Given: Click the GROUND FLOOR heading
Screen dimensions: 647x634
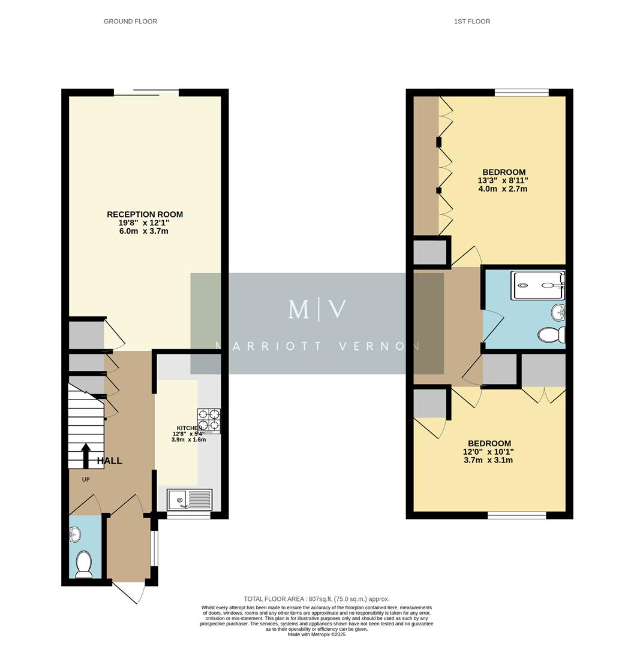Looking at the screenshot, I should [x=130, y=22].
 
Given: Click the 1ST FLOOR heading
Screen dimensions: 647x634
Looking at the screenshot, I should [x=472, y=22].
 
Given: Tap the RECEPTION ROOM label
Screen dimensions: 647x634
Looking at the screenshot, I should [x=145, y=214].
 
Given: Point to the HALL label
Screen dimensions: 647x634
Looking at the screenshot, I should [x=110, y=461].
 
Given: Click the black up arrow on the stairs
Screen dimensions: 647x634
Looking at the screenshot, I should [x=86, y=455].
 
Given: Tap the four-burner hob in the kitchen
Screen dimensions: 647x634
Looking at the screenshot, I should [x=209, y=421].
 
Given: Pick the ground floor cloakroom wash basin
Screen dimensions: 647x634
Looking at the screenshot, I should [x=75, y=533].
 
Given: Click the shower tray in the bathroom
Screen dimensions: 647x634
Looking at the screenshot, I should [x=537, y=285].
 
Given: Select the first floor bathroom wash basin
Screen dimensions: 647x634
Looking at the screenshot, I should [x=558, y=312].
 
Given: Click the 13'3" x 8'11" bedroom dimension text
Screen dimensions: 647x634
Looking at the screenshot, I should [x=503, y=180].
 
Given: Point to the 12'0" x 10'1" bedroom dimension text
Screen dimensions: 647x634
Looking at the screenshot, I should [x=489, y=452].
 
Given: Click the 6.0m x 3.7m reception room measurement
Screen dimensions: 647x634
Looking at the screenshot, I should [x=144, y=231].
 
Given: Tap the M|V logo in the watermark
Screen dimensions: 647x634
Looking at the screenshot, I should [x=317, y=309].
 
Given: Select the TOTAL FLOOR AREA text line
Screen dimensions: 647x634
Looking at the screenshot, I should [x=316, y=598].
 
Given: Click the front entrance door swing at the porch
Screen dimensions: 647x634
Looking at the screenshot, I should [x=129, y=592].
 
